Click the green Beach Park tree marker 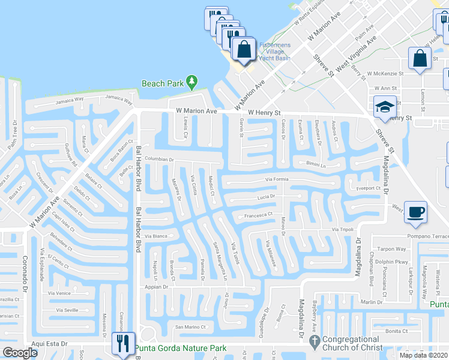[x=191, y=81]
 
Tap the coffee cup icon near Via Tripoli [x=415, y=212]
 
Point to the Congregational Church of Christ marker [x=313, y=341]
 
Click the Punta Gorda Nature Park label [x=180, y=348]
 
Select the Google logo [x=20, y=353]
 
